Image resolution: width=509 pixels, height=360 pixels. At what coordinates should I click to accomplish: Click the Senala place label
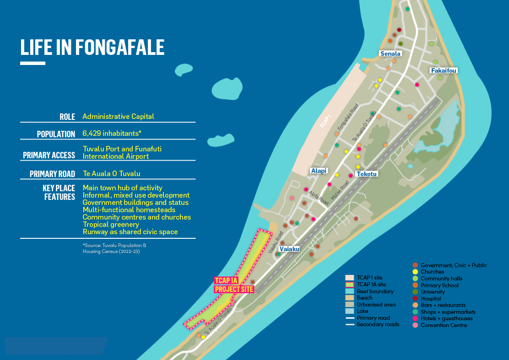click(x=390, y=54)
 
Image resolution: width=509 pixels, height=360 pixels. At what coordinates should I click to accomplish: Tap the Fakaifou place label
click(x=444, y=70)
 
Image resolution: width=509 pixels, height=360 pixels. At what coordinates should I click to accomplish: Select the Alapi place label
click(x=319, y=171)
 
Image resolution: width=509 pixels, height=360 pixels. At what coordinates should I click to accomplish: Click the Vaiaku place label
click(x=289, y=249)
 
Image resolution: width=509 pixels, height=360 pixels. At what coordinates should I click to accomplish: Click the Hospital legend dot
click(x=415, y=299)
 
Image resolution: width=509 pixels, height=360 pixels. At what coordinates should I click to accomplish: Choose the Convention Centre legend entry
click(x=444, y=325)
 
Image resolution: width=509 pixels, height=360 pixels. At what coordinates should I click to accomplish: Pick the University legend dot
click(x=415, y=292)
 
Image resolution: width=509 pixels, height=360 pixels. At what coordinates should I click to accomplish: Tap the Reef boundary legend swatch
click(x=350, y=291)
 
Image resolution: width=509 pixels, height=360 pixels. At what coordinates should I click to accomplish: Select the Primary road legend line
click(x=350, y=318)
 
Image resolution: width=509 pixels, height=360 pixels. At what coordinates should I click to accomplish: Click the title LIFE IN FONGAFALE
click(x=92, y=47)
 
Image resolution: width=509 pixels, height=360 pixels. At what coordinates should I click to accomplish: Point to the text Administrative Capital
click(x=118, y=117)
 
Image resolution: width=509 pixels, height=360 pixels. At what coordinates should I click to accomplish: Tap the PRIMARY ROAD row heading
click(x=52, y=174)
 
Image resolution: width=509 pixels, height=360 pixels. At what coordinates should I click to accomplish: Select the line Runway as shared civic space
click(x=130, y=232)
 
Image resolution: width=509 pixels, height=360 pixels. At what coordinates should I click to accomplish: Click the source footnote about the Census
click(x=114, y=248)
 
